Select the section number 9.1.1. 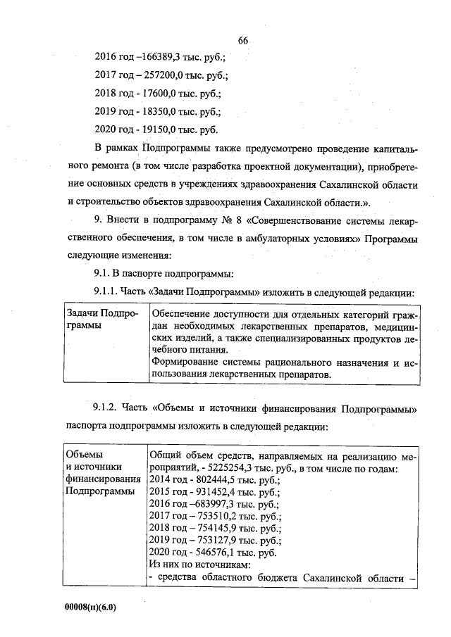click(109, 291)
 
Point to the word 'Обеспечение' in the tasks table click(180, 313)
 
